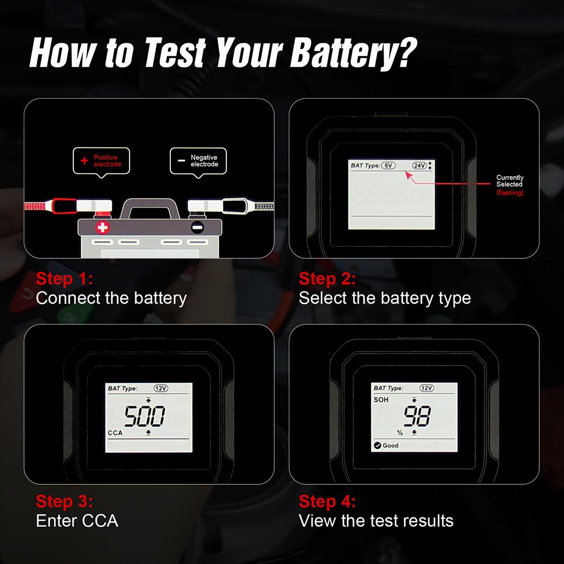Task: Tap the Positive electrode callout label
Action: (102, 161)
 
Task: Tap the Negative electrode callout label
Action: (199, 161)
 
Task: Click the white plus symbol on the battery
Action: (102, 228)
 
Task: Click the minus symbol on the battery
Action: (196, 228)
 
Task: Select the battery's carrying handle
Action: (149, 206)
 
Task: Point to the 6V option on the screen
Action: (388, 165)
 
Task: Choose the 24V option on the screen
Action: (419, 165)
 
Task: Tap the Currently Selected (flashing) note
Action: (509, 184)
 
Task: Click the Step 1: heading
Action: (64, 279)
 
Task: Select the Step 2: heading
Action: (327, 279)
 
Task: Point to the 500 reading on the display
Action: (145, 417)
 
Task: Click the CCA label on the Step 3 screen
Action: (116, 433)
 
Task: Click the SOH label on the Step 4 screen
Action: (381, 399)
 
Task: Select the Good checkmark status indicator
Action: (386, 446)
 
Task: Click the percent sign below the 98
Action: (399, 433)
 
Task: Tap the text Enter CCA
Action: (77, 520)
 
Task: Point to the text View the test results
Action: (376, 520)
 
